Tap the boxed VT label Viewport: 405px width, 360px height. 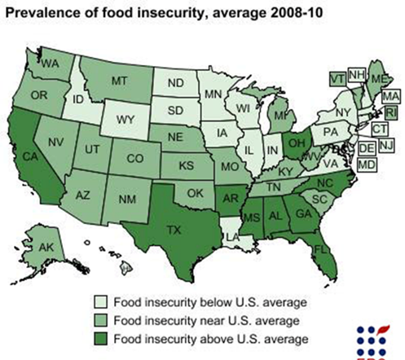tap(337, 78)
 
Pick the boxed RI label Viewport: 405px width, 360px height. tap(390, 112)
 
